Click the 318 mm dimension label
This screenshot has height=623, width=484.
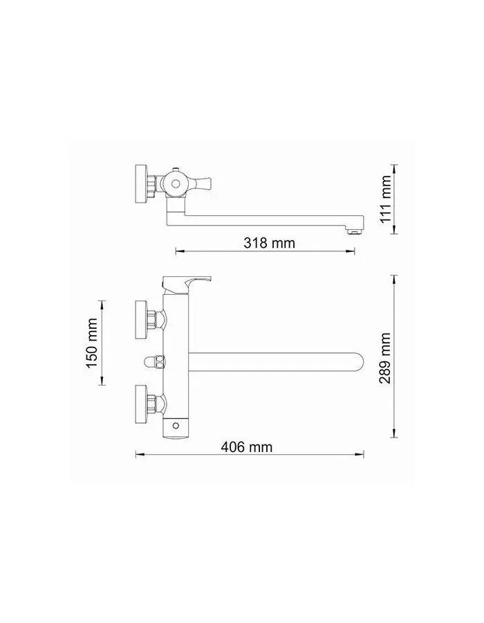tap(269, 243)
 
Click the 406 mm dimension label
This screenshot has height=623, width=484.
tap(246, 447)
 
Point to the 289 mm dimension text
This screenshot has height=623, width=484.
tap(385, 358)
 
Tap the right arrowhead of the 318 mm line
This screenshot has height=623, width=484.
tap(356, 251)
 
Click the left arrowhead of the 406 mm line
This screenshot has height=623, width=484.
tap(138, 454)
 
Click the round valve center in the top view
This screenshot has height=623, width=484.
tap(175, 184)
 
